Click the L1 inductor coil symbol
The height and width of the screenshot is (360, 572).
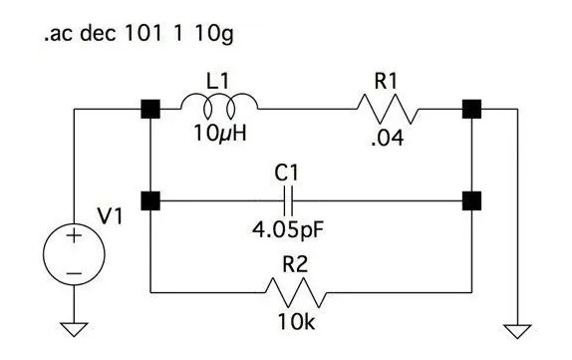coord(219,103)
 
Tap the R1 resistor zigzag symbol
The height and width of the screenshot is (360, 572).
coord(384,104)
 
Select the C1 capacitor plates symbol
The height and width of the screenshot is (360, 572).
coord(286,202)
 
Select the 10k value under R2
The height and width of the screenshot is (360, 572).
coord(295,323)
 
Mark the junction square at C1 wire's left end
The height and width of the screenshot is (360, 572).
coord(149,202)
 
